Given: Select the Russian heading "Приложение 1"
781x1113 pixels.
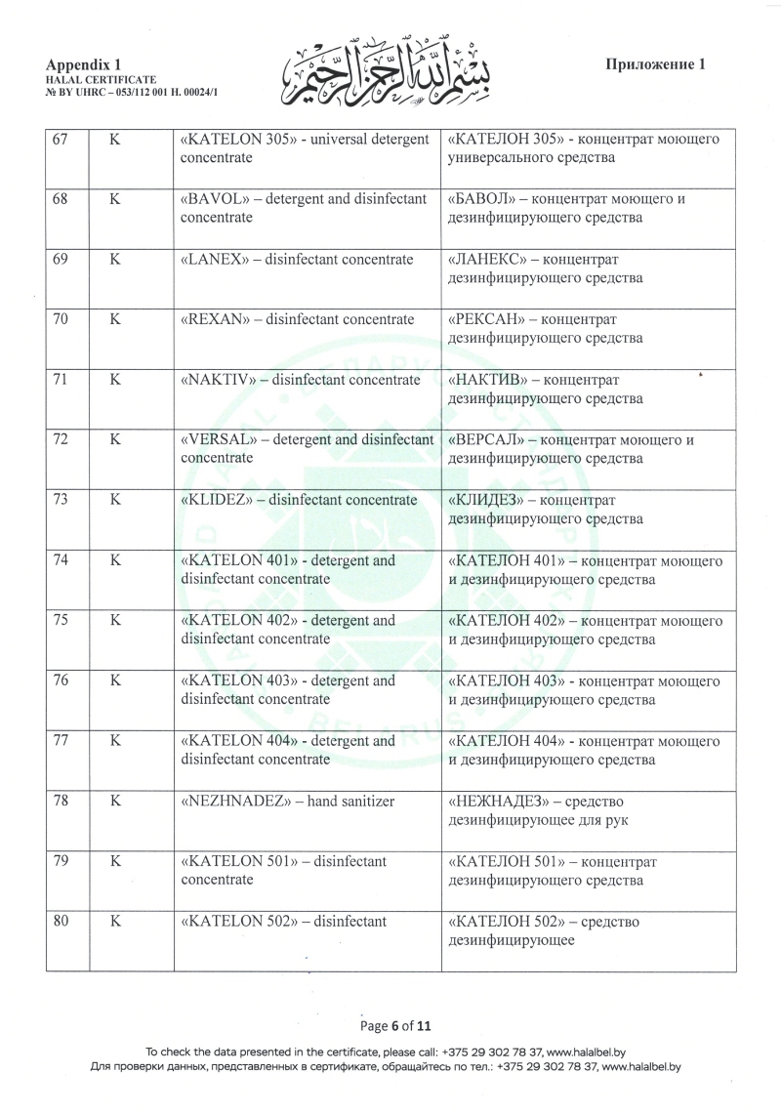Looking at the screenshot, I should [x=655, y=64].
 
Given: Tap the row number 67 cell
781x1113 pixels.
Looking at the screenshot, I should [x=60, y=140].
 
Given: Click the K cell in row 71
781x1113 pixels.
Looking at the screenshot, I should [x=114, y=380].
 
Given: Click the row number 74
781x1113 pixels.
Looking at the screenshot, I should [x=60, y=561].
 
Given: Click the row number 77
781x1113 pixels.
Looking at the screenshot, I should [x=60, y=741].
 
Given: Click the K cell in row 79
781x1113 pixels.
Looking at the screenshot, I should [x=114, y=861].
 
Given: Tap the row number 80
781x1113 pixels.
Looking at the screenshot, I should [x=60, y=921].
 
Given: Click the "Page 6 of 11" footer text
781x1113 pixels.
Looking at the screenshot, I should [x=395, y=1026].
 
